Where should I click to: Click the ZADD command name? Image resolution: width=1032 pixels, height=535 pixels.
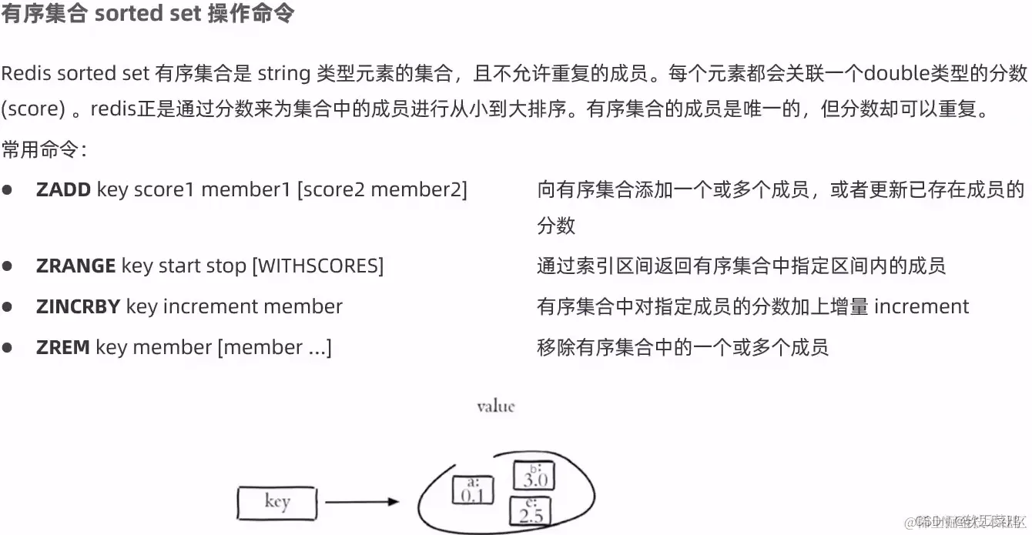tap(63, 189)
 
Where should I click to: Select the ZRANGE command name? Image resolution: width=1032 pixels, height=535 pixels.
tap(75, 266)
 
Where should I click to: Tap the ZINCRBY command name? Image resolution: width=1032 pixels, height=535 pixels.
tap(78, 306)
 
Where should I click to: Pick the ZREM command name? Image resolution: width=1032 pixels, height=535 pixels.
tap(62, 347)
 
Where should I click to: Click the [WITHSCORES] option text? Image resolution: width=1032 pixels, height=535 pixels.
tap(318, 266)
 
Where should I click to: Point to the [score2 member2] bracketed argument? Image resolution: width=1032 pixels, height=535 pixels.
tap(382, 189)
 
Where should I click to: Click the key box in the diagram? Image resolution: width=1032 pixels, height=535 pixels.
tap(277, 503)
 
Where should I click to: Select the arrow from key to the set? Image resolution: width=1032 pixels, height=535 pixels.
tap(362, 503)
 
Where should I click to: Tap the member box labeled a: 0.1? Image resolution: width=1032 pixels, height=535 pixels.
tap(472, 490)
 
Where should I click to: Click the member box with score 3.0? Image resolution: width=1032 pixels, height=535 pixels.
tap(534, 475)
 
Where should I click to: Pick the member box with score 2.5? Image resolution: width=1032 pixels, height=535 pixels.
tap(528, 510)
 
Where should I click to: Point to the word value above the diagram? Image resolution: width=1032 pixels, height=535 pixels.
tap(495, 406)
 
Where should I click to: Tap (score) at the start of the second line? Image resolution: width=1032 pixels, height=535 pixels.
tap(32, 109)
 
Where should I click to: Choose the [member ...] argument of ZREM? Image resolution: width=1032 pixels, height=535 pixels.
tap(275, 347)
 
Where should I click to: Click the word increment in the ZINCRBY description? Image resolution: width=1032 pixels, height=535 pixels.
tap(921, 306)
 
